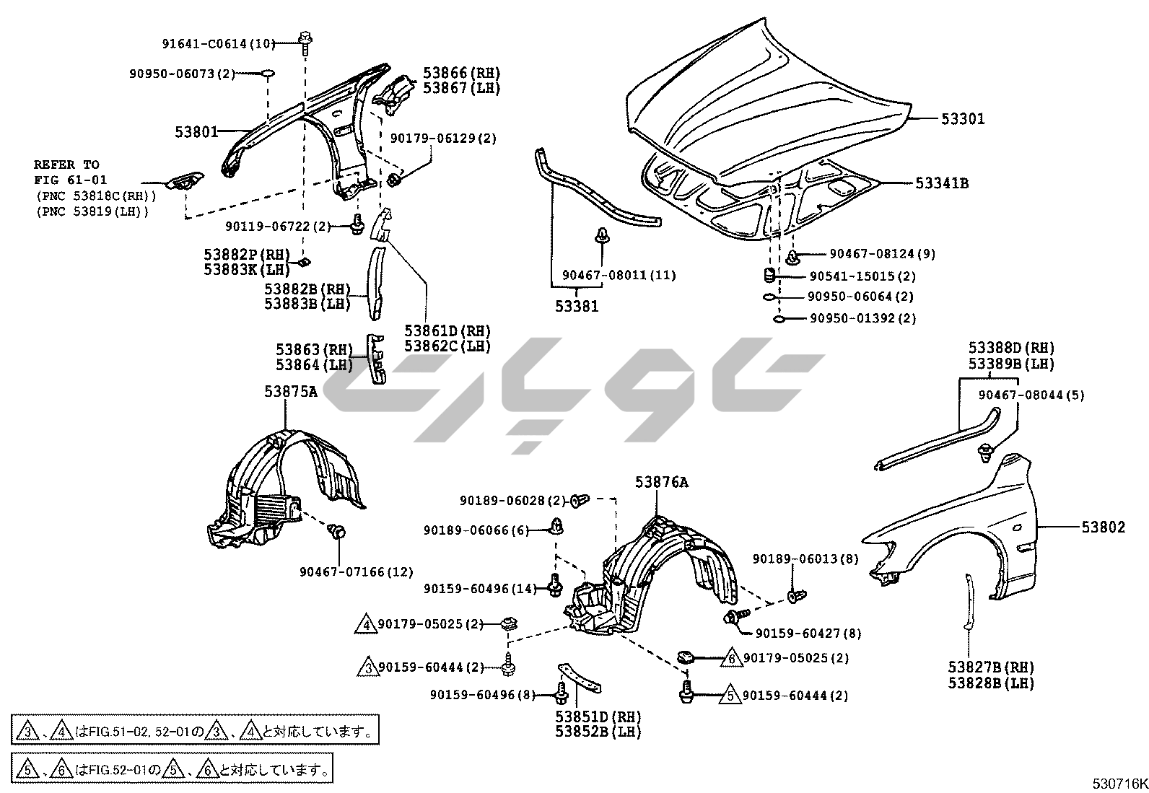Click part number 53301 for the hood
click(962, 118)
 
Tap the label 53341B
click(941, 183)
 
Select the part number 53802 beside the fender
click(1103, 527)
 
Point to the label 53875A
click(290, 391)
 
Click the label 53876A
click(661, 482)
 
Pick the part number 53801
click(196, 132)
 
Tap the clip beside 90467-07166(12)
click(336, 533)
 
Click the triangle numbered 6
click(730, 658)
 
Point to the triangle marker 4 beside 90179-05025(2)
click(366, 623)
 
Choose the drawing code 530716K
click(1119, 784)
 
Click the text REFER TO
click(66, 165)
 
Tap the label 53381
click(577, 307)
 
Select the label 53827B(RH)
click(991, 667)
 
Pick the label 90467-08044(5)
click(1031, 395)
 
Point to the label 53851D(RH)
click(598, 717)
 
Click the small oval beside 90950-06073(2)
click(267, 73)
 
